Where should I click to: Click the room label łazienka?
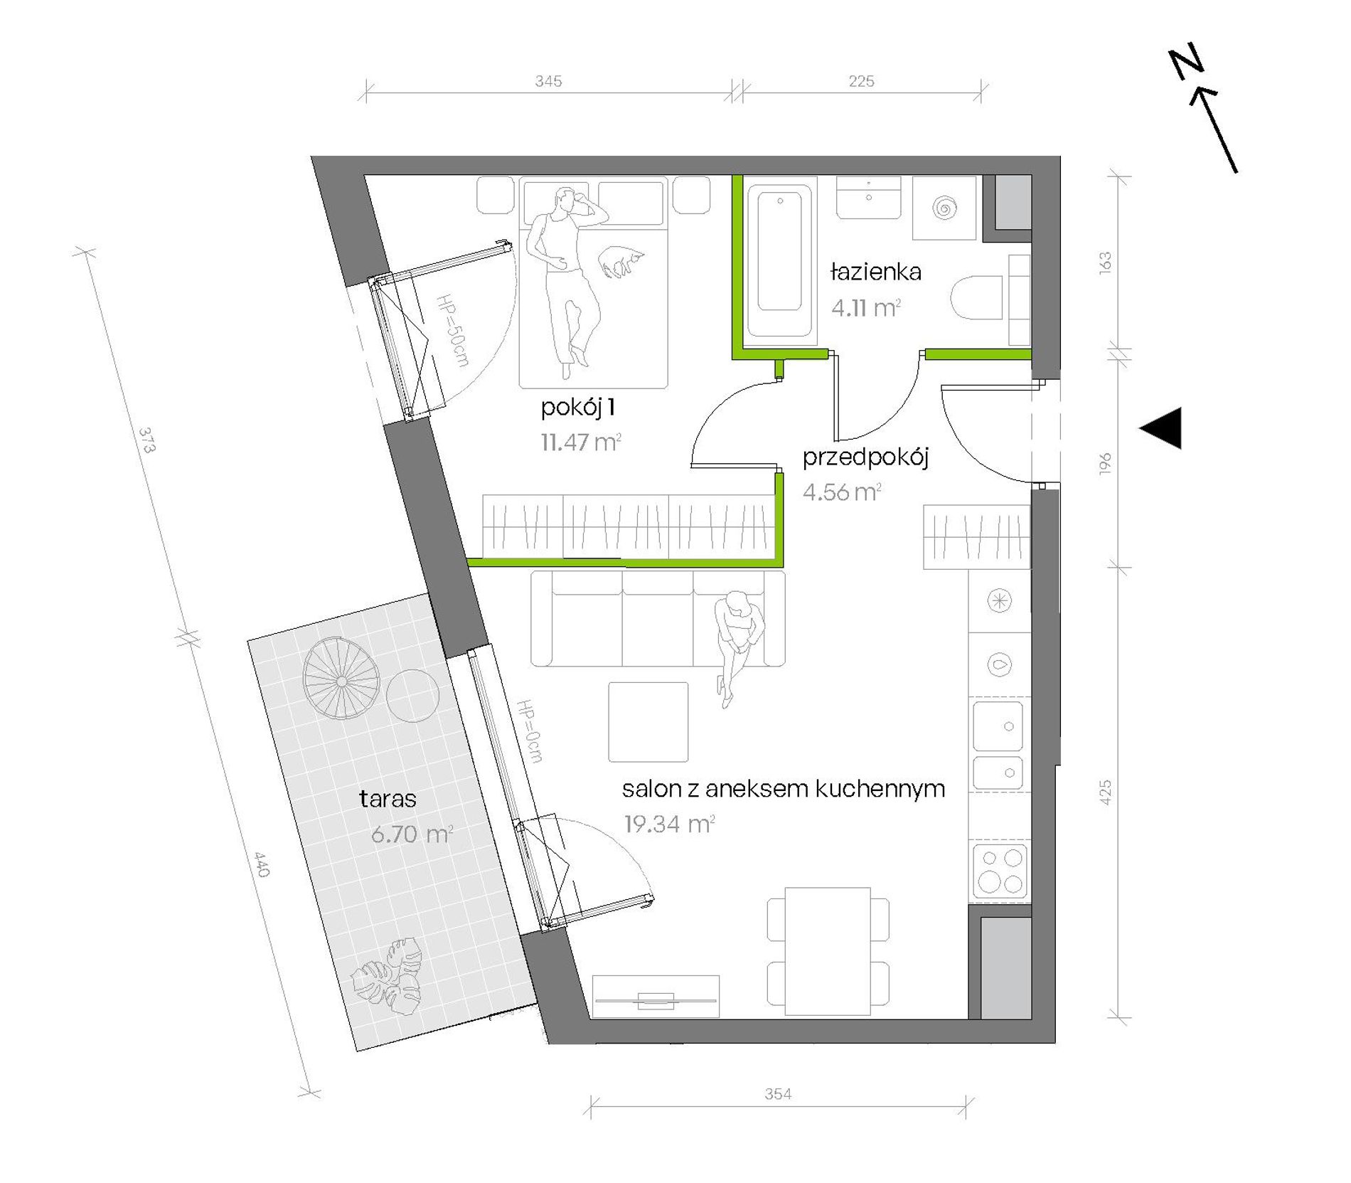(x=875, y=272)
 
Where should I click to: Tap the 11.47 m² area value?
(x=581, y=442)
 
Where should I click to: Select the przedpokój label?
(x=865, y=457)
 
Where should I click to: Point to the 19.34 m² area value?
(x=669, y=824)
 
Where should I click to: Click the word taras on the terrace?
(x=388, y=799)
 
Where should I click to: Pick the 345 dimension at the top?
(x=548, y=81)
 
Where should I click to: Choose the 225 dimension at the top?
(x=861, y=81)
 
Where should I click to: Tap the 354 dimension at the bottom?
(x=778, y=1094)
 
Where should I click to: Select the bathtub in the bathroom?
(x=780, y=260)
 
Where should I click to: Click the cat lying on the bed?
(x=621, y=262)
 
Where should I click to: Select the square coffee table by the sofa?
(x=648, y=722)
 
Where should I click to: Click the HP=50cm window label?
(x=453, y=330)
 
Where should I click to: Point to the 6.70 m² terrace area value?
(x=412, y=834)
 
